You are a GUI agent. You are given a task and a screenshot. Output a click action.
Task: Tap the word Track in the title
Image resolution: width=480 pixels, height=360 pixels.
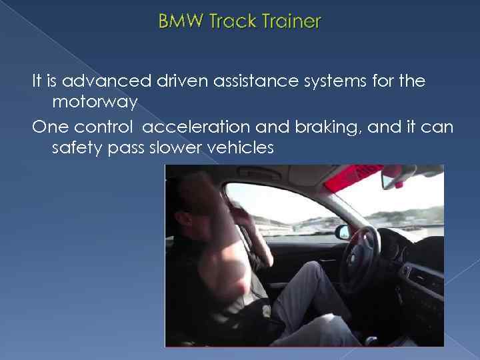point(229,21)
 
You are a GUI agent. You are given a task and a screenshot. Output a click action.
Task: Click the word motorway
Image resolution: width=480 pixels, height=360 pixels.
point(95,103)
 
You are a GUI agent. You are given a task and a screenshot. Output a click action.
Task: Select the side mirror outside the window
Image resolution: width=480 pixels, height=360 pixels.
point(343,232)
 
